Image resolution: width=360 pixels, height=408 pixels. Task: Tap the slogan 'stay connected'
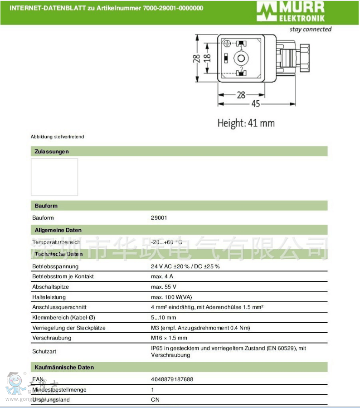point(311,29)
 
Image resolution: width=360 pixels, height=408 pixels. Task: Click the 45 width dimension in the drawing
point(256,104)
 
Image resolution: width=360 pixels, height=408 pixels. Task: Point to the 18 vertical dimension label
point(207,59)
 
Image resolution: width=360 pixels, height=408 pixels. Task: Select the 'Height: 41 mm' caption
point(246,123)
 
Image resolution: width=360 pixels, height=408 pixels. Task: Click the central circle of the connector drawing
point(240,58)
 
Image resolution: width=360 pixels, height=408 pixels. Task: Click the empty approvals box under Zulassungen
point(54,177)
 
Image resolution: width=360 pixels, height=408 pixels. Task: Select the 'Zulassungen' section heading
point(52,152)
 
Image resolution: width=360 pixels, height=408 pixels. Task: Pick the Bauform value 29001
point(159,218)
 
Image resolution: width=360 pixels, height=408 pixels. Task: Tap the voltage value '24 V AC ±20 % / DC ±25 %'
point(185,266)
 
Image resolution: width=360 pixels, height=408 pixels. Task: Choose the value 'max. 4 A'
point(162,276)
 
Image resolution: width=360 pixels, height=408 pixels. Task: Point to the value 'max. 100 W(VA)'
point(171,297)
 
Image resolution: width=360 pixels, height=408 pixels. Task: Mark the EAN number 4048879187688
point(171,379)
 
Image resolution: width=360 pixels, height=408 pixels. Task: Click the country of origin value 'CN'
point(155,400)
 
